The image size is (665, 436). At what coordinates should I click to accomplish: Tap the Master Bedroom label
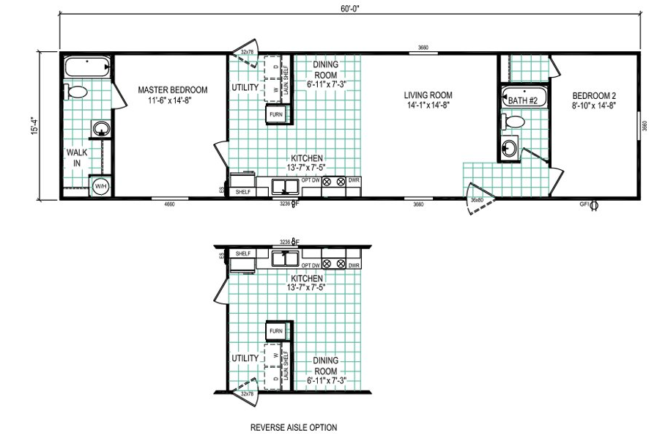click(x=173, y=95)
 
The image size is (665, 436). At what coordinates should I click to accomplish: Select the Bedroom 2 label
click(x=592, y=100)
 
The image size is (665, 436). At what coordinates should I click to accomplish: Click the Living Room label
click(x=428, y=100)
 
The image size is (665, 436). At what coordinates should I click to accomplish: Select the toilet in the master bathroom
click(x=75, y=92)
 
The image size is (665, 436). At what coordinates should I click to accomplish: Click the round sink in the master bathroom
click(x=100, y=130)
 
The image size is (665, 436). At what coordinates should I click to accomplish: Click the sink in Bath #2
click(x=510, y=151)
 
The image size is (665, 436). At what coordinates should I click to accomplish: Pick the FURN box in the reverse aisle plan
click(x=275, y=331)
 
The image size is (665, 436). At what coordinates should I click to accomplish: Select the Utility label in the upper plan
click(x=245, y=88)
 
